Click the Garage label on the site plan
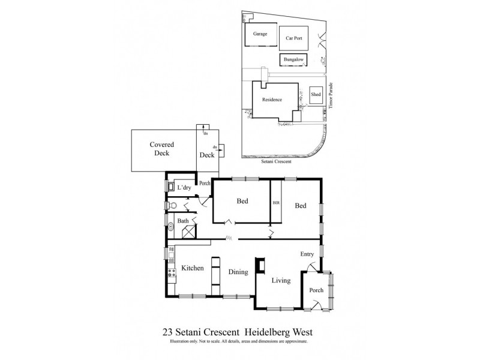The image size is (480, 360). (x=260, y=34)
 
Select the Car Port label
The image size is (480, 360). (x=293, y=37)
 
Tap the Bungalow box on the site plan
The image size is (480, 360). (x=293, y=60)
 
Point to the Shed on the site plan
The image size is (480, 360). (x=316, y=95)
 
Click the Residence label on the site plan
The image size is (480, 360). (x=272, y=100)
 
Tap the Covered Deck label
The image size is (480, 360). (x=162, y=149)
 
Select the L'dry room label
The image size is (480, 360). (x=184, y=188)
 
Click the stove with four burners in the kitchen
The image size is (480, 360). (x=171, y=277)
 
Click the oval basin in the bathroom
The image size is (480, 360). (x=170, y=227)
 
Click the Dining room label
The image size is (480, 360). (x=238, y=272)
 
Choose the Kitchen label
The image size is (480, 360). (x=193, y=268)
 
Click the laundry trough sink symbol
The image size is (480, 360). (x=170, y=187)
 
